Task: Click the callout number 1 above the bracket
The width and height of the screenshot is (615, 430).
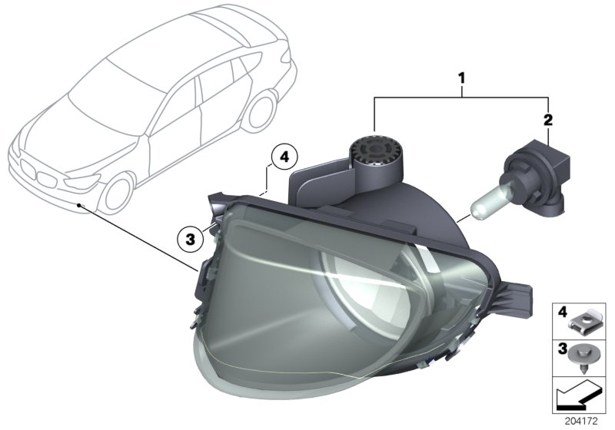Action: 462,78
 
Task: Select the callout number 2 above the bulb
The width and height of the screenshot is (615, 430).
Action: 547,119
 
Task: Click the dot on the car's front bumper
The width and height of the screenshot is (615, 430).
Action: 80,205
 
